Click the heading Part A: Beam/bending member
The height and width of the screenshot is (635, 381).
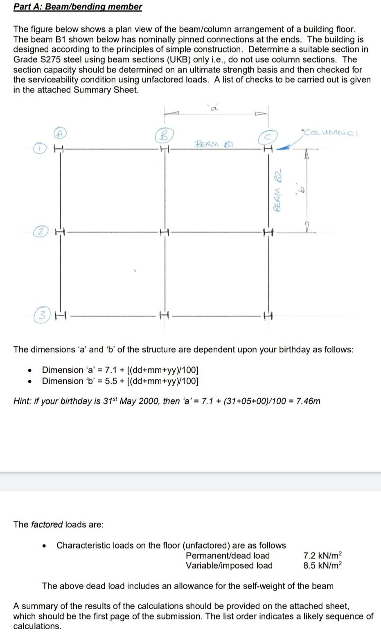pos(78,7)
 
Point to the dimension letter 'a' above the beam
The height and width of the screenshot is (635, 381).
pos(214,108)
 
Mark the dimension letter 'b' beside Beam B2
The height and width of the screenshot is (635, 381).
pos(303,189)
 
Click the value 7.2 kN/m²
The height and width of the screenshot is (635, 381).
pos(322,556)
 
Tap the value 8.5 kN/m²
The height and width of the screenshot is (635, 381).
pos(322,566)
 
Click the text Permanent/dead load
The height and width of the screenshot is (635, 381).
pos(228,556)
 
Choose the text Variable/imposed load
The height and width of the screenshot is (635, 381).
pos(229,566)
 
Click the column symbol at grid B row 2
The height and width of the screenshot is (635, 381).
pos(165,232)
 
